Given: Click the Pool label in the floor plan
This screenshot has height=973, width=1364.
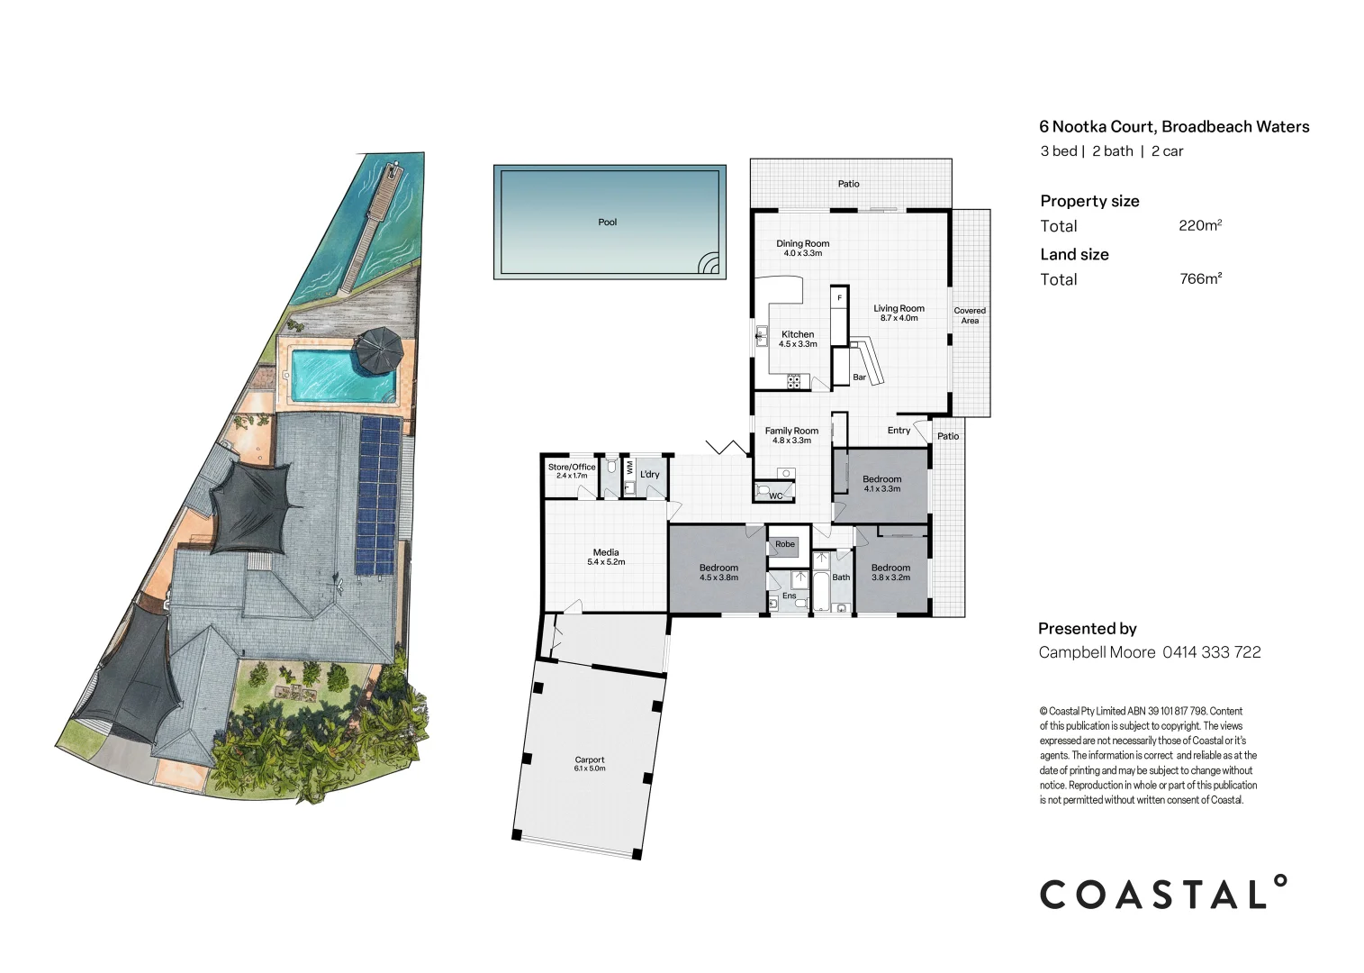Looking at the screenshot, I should pos(608,223).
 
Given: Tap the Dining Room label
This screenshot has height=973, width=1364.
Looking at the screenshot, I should pos(802,248).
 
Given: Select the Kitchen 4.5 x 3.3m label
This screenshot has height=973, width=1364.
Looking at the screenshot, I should pos(798,339).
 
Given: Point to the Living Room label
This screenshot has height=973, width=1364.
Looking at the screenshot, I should pos(899,313).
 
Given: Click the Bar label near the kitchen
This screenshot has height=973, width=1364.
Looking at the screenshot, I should pos(859,377).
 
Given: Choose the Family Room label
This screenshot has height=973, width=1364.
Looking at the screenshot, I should pos(791,435).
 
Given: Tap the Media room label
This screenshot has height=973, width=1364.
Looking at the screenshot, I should pos(606,557).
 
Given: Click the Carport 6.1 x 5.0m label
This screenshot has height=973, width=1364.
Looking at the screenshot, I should pos(590,764).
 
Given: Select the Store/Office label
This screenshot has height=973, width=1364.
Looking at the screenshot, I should pos(572,470).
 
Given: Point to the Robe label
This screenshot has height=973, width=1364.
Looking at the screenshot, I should pos(785,544).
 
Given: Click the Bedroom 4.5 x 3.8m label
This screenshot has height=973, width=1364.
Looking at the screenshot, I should pos(718,572).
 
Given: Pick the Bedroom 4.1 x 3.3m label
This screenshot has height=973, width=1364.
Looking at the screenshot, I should pos(881,484).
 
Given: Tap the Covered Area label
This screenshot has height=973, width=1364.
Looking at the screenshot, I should pos(970,315).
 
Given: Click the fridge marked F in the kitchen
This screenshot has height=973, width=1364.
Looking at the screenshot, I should pos(839,298).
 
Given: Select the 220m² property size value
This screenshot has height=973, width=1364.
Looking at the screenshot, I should pos(1199,225).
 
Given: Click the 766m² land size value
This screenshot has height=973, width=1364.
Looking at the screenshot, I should pos(1199,278).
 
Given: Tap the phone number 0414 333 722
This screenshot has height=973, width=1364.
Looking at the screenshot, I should pos(1211,652).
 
